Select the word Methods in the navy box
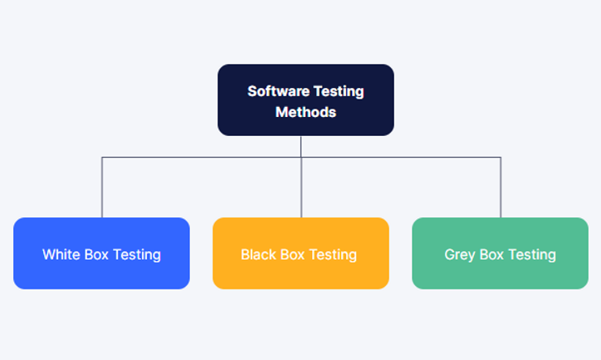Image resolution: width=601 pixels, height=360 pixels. [x=305, y=112]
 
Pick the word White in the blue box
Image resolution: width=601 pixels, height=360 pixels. [x=61, y=255]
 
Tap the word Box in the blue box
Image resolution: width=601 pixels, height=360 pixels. [x=98, y=255]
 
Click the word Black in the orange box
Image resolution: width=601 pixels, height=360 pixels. [x=258, y=255]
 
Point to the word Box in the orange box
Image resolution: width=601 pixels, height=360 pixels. [x=293, y=255]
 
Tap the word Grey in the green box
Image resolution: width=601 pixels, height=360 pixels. [x=460, y=255]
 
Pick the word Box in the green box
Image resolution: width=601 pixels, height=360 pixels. [x=492, y=255]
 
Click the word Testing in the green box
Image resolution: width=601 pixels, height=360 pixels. [x=532, y=255]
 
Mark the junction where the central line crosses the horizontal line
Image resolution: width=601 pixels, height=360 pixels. [x=301, y=158]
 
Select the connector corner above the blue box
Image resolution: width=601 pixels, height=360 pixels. [x=102, y=158]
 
